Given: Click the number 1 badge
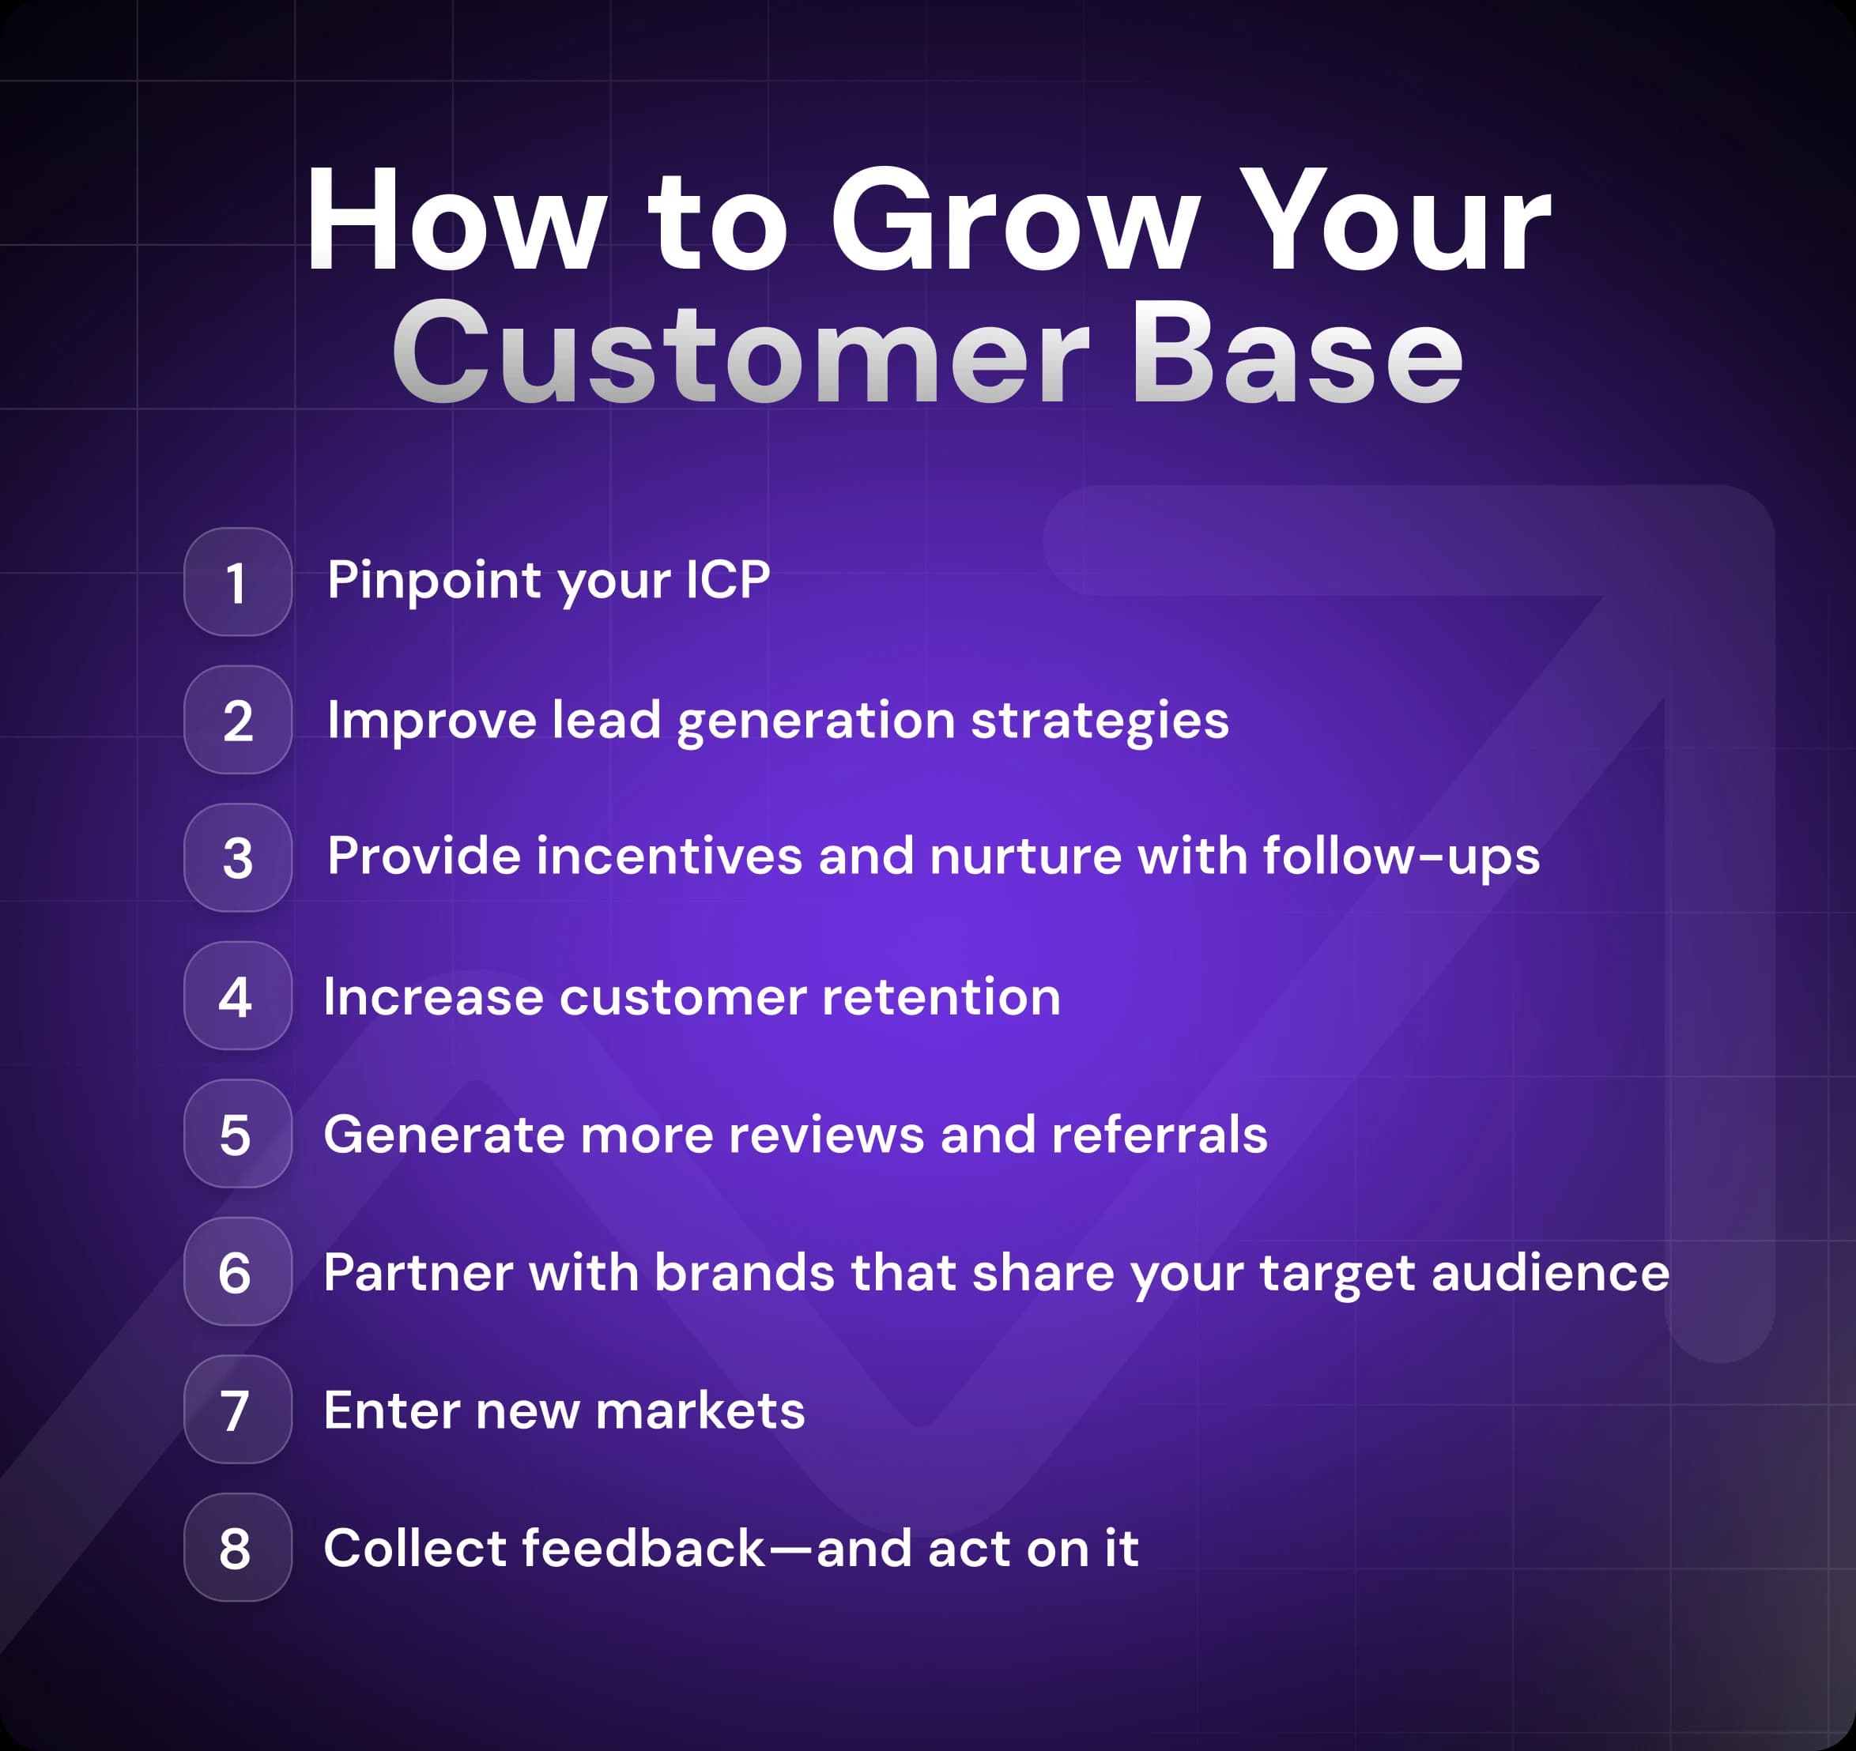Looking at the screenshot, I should [237, 582].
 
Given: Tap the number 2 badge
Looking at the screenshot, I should [237, 720].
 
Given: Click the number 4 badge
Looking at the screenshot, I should [237, 996].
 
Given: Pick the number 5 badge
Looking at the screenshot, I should [237, 1134].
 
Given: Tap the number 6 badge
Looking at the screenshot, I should [237, 1272].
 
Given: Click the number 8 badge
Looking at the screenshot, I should [237, 1547].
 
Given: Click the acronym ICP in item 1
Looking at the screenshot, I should [727, 581].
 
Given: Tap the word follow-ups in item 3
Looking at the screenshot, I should [1401, 857].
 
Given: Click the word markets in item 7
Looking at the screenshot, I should [700, 1410].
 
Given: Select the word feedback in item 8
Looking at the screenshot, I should [643, 1549].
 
